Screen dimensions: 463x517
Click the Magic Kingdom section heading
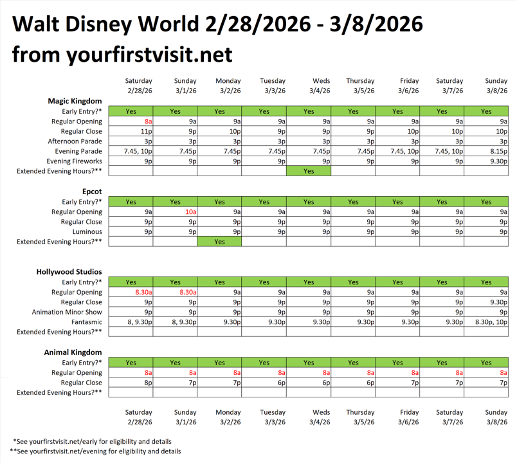(75, 101)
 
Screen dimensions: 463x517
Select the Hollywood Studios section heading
(69, 272)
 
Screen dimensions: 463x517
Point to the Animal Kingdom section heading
(74, 352)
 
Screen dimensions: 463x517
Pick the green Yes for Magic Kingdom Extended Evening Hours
(309, 171)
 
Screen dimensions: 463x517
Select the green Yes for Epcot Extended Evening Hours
(219, 242)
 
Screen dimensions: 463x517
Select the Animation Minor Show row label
(67, 312)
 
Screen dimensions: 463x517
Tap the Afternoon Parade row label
(75, 141)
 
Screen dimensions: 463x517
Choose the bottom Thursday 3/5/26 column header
(360, 417)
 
